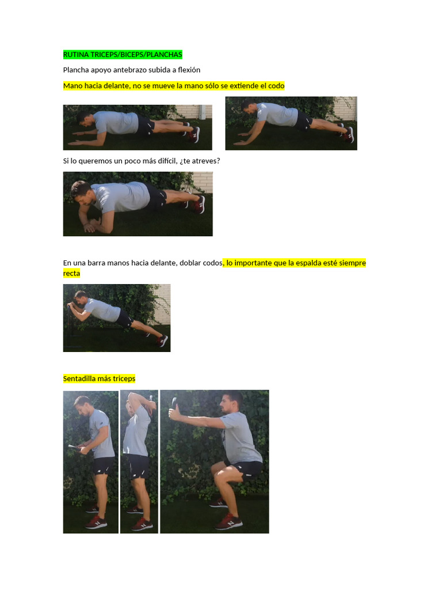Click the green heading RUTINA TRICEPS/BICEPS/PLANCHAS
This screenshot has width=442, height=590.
point(122,55)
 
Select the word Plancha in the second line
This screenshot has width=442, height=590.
point(76,70)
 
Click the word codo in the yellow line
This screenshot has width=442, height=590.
point(276,86)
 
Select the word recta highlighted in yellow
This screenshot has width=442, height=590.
point(71,274)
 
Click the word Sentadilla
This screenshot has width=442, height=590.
point(81,379)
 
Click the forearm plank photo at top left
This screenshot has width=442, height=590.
point(137,127)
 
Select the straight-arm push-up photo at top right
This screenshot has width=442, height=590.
point(291,123)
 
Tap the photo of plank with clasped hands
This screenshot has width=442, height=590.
point(138,204)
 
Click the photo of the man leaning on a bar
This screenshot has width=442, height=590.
point(116,317)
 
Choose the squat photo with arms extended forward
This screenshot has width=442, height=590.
point(214,462)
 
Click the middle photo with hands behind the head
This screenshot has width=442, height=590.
point(139,462)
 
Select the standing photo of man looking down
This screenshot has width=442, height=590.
point(90,462)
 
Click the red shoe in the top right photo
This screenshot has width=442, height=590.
point(349,135)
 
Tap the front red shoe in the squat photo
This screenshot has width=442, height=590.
point(228,521)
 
